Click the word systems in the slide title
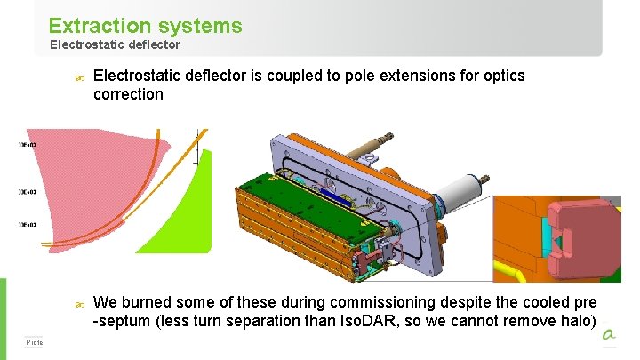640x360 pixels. pyautogui.click(x=196, y=26)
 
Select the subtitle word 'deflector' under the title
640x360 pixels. pyautogui.click(x=150, y=44)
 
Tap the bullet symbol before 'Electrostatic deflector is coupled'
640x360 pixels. pyautogui.click(x=79, y=78)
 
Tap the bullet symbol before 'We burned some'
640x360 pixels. pyautogui.click(x=79, y=305)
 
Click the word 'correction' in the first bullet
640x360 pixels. pyautogui.click(x=128, y=94)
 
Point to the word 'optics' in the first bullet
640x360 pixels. pyautogui.click(x=501, y=76)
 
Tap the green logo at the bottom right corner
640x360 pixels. pyautogui.click(x=609, y=335)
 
